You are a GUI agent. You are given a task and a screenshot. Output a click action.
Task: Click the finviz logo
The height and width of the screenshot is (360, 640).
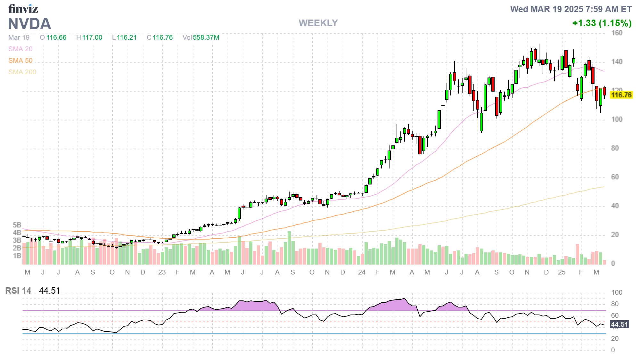[x=23, y=9]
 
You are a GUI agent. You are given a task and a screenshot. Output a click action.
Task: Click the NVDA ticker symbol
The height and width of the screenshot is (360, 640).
[x=29, y=24]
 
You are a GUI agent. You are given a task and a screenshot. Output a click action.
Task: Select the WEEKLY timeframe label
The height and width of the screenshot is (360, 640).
[x=318, y=23]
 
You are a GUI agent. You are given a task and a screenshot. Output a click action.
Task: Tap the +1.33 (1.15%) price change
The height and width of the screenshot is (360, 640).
[x=602, y=23]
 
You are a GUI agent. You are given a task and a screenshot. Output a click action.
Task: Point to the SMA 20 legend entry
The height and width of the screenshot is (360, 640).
[x=20, y=49]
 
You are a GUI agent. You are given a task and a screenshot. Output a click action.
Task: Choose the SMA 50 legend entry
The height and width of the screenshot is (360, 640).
[x=20, y=61]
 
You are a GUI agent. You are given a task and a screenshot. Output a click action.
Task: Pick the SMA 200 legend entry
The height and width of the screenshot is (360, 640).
[x=22, y=72]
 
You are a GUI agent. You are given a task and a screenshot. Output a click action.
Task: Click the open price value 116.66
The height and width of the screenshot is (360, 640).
[x=56, y=37]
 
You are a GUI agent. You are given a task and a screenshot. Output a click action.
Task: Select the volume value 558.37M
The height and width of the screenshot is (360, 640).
[x=206, y=37]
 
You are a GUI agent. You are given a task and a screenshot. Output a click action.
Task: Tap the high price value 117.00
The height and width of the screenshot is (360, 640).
[x=92, y=37]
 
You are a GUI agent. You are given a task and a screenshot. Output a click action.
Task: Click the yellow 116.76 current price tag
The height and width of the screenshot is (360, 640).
[x=621, y=95]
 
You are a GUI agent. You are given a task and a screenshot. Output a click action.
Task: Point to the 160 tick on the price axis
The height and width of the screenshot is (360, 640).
[x=617, y=33]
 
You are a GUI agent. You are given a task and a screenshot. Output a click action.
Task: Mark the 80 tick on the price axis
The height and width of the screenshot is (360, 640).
[x=615, y=148]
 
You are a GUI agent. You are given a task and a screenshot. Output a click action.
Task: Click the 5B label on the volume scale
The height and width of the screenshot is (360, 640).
[x=17, y=225]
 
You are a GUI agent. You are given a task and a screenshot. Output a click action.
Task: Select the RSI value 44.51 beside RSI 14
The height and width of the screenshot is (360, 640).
[x=50, y=291]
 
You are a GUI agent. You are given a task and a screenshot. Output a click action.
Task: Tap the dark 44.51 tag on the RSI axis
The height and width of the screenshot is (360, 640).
[x=619, y=324]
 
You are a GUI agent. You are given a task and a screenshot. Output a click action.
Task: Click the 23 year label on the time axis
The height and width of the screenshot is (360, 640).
[x=162, y=272]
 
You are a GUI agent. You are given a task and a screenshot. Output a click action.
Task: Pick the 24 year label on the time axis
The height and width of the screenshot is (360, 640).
[x=362, y=272]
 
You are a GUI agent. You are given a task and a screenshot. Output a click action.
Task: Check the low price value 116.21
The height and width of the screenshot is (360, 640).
[x=127, y=37]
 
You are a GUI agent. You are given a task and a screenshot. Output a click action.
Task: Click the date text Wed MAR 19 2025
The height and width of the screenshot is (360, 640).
[x=546, y=9]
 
